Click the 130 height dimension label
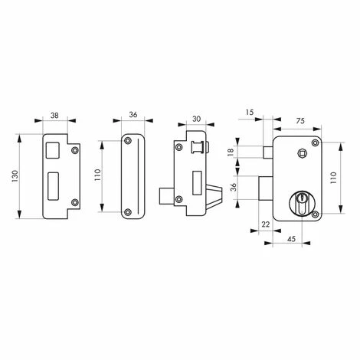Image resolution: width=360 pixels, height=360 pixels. pyautogui.click(x=15, y=176)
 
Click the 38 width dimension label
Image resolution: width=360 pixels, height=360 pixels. pyautogui.click(x=54, y=116)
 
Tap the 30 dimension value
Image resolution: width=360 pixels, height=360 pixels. pyautogui.click(x=196, y=119)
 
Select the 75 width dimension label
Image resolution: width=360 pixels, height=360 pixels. pyautogui.click(x=301, y=121)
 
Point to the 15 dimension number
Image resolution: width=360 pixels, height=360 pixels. pyautogui.click(x=250, y=112)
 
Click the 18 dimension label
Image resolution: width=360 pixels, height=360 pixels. pyautogui.click(x=231, y=152)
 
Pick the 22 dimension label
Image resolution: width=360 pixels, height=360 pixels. pyautogui.click(x=266, y=224)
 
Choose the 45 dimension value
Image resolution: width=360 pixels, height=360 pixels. pyautogui.click(x=291, y=239)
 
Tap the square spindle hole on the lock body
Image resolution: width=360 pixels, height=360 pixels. pyautogui.click(x=303, y=153)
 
